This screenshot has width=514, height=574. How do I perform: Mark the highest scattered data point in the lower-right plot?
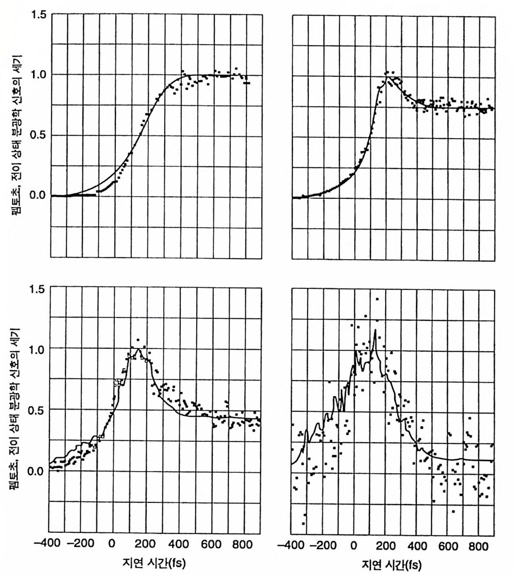(376, 299)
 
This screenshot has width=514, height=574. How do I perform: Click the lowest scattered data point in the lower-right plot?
(304, 524)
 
